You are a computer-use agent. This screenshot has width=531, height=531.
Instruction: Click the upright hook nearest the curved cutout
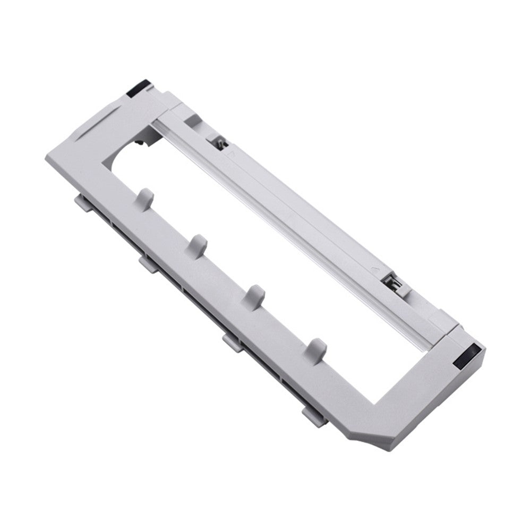[x=145, y=199]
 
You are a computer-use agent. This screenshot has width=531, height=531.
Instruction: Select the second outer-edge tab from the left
[x=148, y=263]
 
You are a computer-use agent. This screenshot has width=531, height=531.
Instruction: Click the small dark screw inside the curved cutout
[x=139, y=143]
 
